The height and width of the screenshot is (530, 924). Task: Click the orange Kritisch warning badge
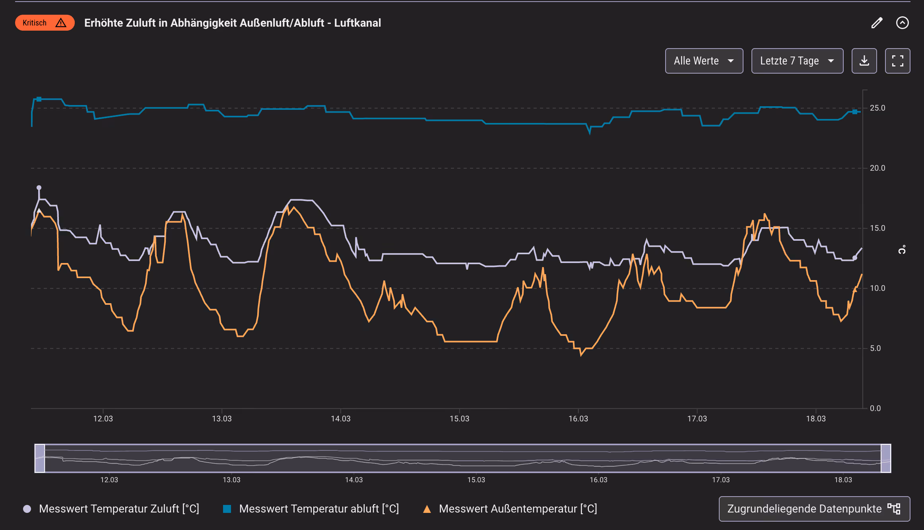coord(45,23)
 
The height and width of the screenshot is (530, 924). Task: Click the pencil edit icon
coord(877,23)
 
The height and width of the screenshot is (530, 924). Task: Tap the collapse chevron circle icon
coord(902,23)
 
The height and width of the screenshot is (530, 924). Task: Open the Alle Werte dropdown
coord(704,61)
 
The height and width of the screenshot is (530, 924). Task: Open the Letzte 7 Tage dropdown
coord(797,61)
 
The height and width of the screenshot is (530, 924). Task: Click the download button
coord(864,61)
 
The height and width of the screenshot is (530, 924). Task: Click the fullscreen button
coord(897,61)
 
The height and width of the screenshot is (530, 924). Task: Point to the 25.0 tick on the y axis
coord(877,108)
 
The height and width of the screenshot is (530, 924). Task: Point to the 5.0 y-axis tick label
coord(875,349)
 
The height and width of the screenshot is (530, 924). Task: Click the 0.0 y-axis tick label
coord(875,408)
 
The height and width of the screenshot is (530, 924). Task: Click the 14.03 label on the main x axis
coord(341,419)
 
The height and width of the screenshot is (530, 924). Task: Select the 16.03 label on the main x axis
coord(578,419)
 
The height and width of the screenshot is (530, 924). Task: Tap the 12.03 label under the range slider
coord(109,480)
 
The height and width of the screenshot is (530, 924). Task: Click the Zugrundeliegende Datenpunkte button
coord(814,509)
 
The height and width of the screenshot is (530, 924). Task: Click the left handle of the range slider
coord(40,458)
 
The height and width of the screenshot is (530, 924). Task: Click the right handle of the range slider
coord(886,458)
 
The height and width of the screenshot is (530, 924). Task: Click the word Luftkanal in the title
coord(357,23)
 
